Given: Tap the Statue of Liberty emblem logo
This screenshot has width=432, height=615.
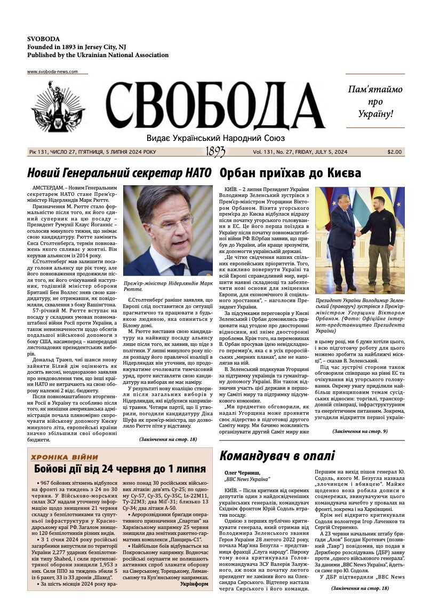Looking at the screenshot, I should tap(58, 106).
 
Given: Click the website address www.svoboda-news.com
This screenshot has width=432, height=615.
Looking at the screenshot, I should tap(52, 72).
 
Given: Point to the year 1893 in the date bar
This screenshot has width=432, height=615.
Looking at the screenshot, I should tap(215, 152).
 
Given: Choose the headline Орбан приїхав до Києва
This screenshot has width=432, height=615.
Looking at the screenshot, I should tap(290, 173).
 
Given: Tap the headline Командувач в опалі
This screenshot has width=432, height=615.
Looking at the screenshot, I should tap(277, 456).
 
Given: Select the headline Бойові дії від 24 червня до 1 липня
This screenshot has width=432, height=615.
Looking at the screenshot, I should tap(120, 469).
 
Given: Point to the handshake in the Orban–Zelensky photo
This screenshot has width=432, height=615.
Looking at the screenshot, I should tap(358, 233).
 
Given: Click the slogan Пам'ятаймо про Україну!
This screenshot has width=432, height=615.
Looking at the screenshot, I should tap(375, 101).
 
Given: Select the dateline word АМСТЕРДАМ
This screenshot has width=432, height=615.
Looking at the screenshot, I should tap(52, 189).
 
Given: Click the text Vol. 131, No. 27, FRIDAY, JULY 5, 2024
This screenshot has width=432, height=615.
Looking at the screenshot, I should tap(300, 152).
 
